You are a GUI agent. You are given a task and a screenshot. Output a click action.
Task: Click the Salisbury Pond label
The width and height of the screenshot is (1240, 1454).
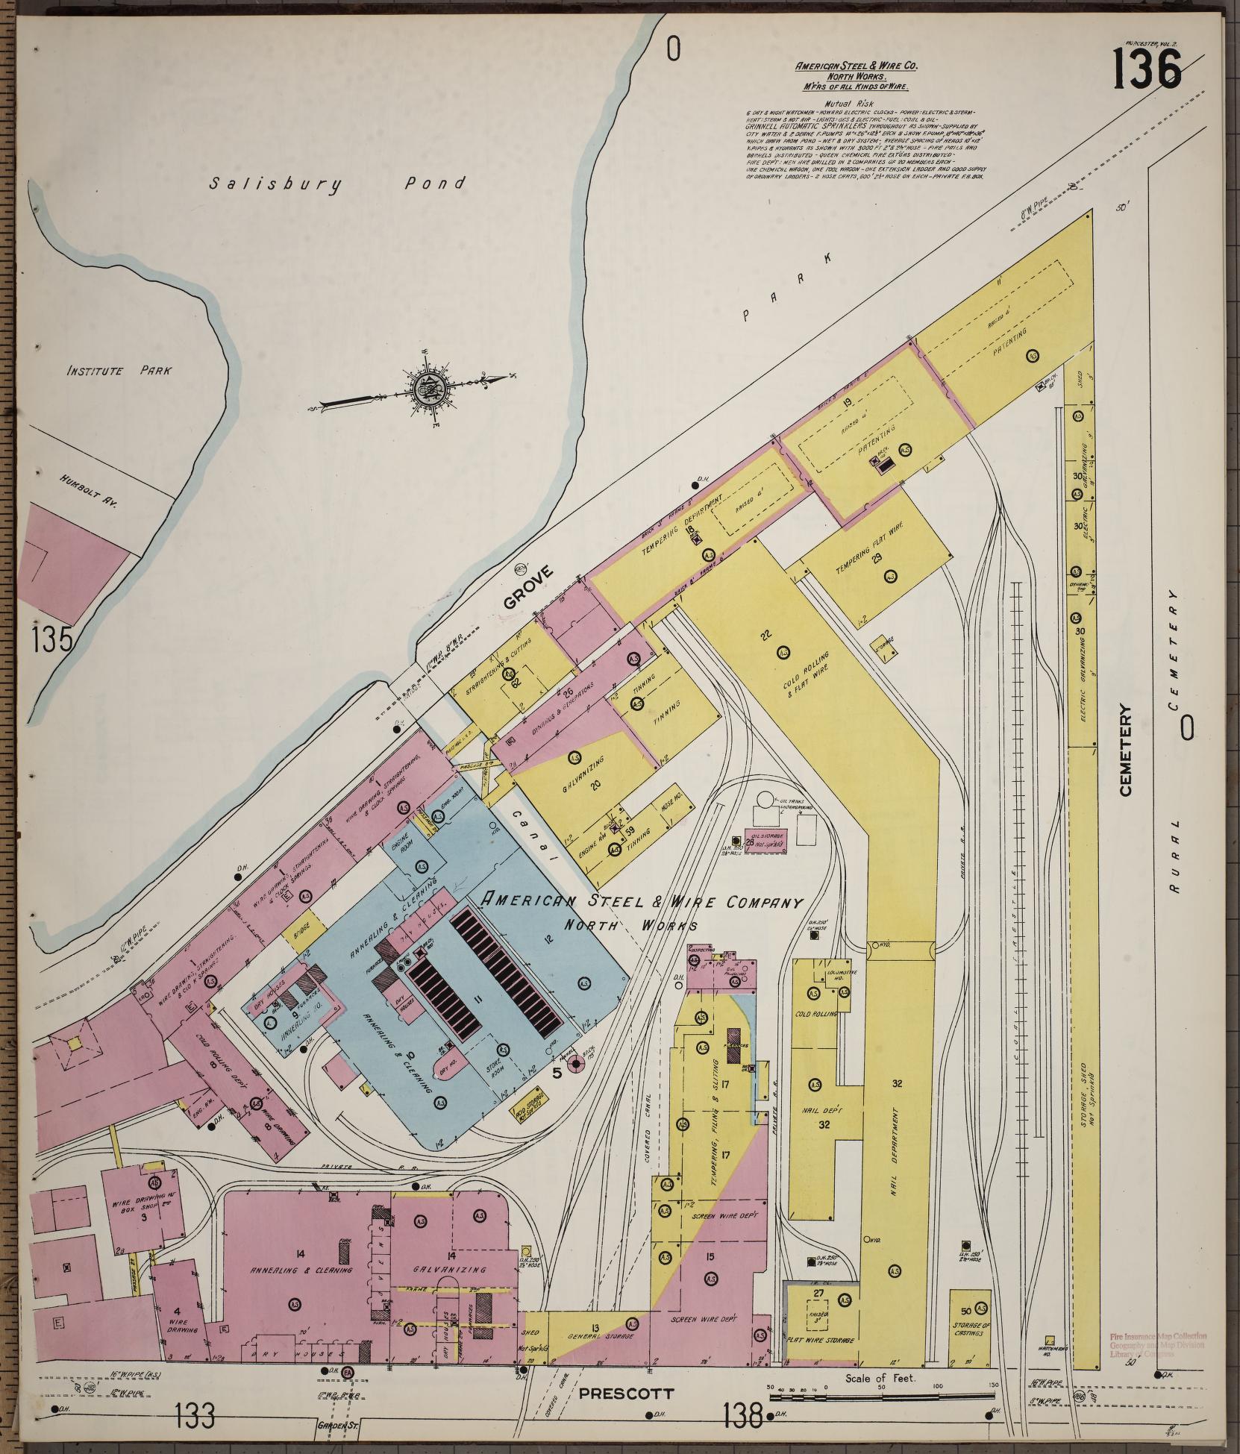coord(336,184)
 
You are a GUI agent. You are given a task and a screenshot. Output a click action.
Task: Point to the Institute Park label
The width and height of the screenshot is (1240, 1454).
coord(119,371)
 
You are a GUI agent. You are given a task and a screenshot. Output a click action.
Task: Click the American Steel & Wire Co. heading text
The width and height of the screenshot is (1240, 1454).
coord(857,66)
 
